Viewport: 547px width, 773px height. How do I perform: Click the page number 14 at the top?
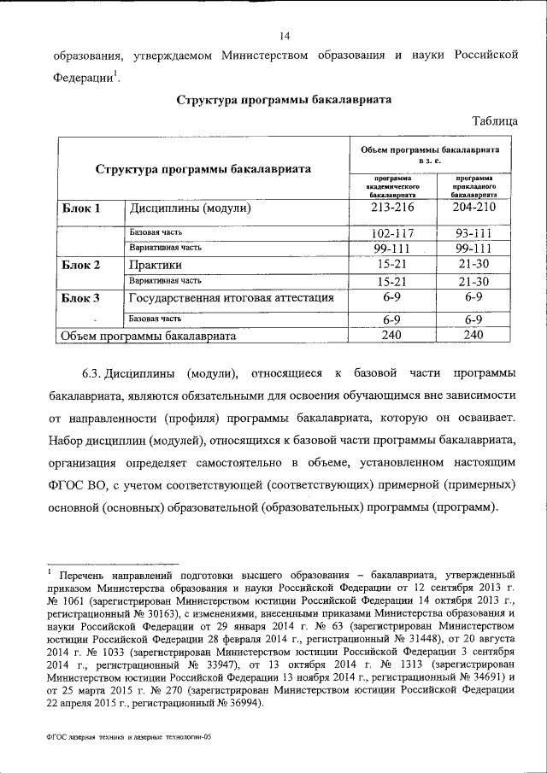285,35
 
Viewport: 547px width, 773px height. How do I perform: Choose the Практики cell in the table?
153,265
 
